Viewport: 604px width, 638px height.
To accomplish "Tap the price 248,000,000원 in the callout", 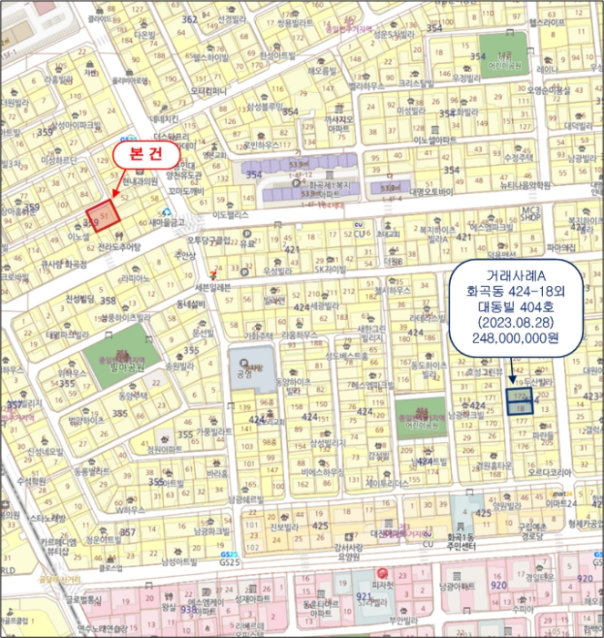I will tap(515, 336).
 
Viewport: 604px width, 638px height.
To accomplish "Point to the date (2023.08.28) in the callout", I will tap(515, 322).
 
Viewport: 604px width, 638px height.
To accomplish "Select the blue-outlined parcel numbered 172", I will tap(520, 398).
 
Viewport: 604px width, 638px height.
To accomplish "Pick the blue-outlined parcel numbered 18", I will tap(520, 411).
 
